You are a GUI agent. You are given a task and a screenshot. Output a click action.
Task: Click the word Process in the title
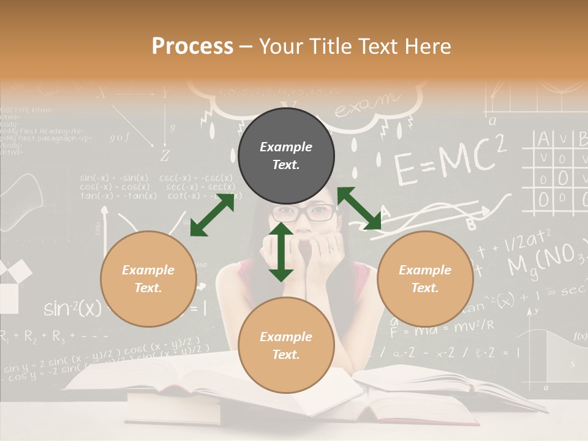[192, 46]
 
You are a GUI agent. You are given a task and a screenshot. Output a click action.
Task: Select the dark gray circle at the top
[286, 156]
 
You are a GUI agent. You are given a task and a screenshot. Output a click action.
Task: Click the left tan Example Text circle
[148, 279]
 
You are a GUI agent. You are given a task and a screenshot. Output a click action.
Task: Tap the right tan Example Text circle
[425, 279]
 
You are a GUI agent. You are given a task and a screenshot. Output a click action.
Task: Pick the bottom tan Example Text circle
[286, 345]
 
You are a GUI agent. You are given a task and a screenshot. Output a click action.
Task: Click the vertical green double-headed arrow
[281, 252]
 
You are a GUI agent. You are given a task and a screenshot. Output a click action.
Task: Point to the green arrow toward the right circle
[359, 208]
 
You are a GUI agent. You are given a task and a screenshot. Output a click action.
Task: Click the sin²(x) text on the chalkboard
[72, 308]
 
